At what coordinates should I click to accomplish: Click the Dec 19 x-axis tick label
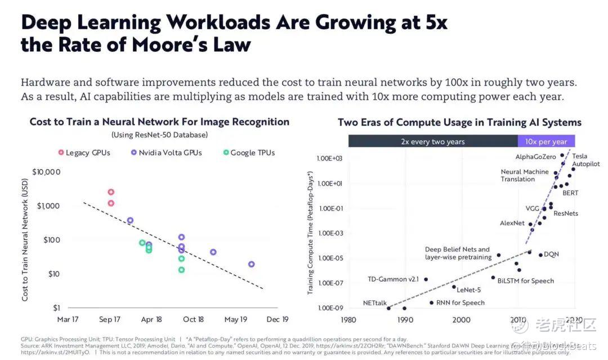pyautogui.click(x=277, y=319)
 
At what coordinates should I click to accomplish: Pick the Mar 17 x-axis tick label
pyautogui.click(x=68, y=319)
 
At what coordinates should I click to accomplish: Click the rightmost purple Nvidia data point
pyautogui.click(x=251, y=264)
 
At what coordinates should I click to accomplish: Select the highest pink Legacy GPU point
pyautogui.click(x=111, y=192)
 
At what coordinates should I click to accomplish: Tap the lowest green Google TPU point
pyautogui.click(x=181, y=270)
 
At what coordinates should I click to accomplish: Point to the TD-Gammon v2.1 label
pyautogui.click(x=394, y=279)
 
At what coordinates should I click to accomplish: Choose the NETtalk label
pyautogui.click(x=374, y=303)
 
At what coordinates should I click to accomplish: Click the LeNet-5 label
pyautogui.click(x=469, y=290)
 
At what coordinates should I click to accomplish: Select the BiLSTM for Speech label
pyautogui.click(x=525, y=281)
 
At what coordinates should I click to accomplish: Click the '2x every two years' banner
pyautogui.click(x=432, y=141)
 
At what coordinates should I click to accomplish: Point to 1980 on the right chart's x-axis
pyautogui.click(x=348, y=319)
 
